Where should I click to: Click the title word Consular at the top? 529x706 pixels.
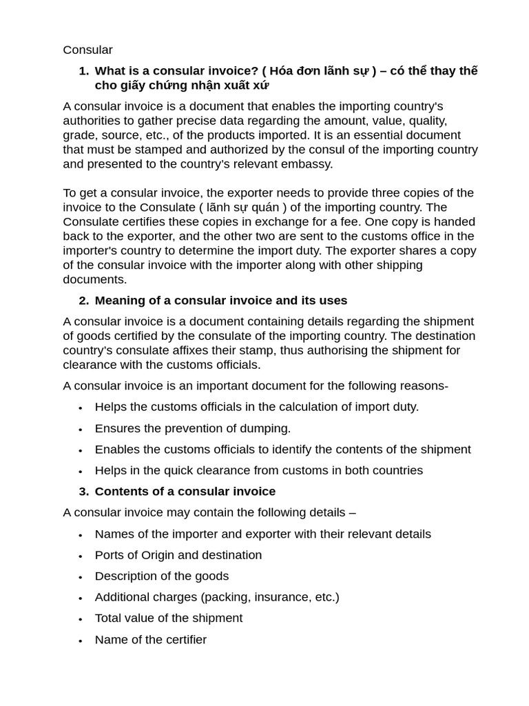[x=87, y=50]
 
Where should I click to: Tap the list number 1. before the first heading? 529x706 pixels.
[x=83, y=71]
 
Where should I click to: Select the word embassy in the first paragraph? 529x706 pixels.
[x=307, y=164]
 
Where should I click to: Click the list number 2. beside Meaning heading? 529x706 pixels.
[x=83, y=301]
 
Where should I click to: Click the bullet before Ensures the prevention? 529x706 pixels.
[x=81, y=429]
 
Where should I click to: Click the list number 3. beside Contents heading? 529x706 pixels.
[x=83, y=492]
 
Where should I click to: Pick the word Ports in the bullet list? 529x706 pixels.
[x=110, y=555]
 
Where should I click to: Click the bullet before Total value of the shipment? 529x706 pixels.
[x=81, y=619]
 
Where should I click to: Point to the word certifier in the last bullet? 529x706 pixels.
[x=183, y=640]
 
